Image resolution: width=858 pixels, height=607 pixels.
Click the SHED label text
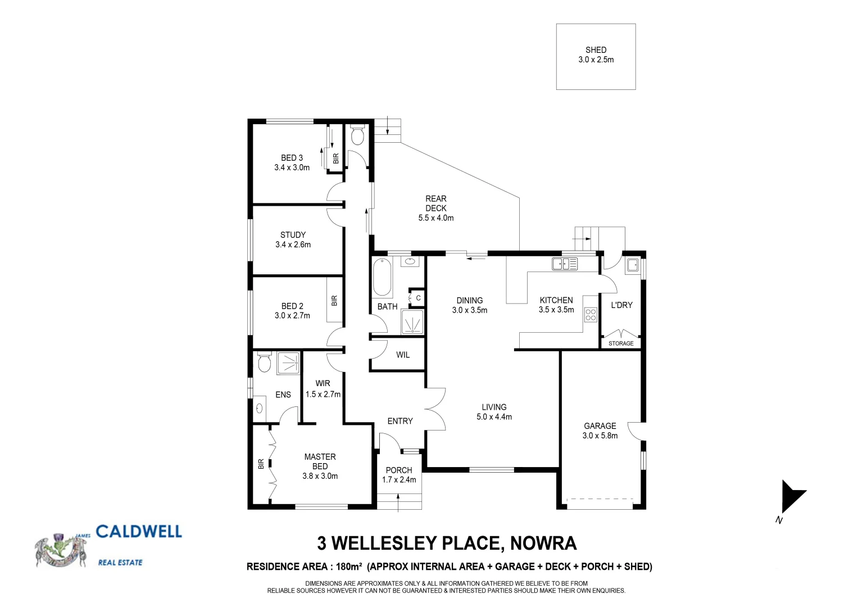pos(596,50)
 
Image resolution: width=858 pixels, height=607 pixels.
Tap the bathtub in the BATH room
pos(382,276)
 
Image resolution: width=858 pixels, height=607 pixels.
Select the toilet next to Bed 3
pos(357,135)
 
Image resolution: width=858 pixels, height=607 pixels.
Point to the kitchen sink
pos(564,263)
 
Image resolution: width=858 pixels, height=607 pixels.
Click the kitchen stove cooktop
pos(590,315)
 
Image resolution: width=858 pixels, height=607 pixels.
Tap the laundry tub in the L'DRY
pos(632,264)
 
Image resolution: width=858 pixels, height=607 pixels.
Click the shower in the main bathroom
pos(412,322)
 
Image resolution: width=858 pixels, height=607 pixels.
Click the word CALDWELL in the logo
pos(139,532)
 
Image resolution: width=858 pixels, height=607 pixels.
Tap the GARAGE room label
pos(600,426)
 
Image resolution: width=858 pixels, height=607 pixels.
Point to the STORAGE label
pos(621,343)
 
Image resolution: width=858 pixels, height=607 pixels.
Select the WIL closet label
pos(403,355)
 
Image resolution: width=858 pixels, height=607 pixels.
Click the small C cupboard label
pos(418,298)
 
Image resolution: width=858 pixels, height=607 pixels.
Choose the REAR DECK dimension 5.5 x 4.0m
pos(436,218)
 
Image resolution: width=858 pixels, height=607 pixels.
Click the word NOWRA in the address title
pos(543,543)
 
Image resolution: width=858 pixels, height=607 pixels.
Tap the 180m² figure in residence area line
pos(349,567)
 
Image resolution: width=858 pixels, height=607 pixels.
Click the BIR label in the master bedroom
pos(261,464)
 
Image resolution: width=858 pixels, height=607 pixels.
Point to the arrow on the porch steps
pos(398,501)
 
